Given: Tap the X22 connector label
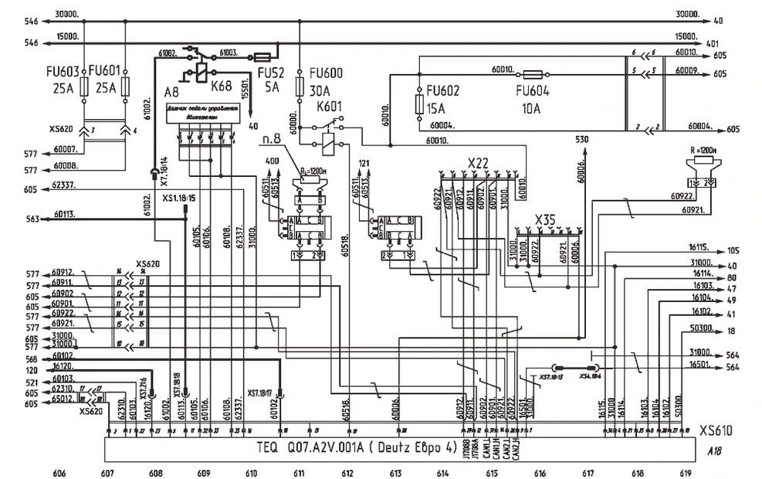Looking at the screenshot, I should [479, 163].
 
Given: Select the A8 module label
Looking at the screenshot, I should [171, 91].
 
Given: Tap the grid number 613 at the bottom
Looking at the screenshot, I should [395, 472].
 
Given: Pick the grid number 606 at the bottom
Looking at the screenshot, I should [59, 472].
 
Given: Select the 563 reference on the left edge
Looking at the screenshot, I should [31, 219].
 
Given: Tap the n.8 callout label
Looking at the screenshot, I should [271, 138].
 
